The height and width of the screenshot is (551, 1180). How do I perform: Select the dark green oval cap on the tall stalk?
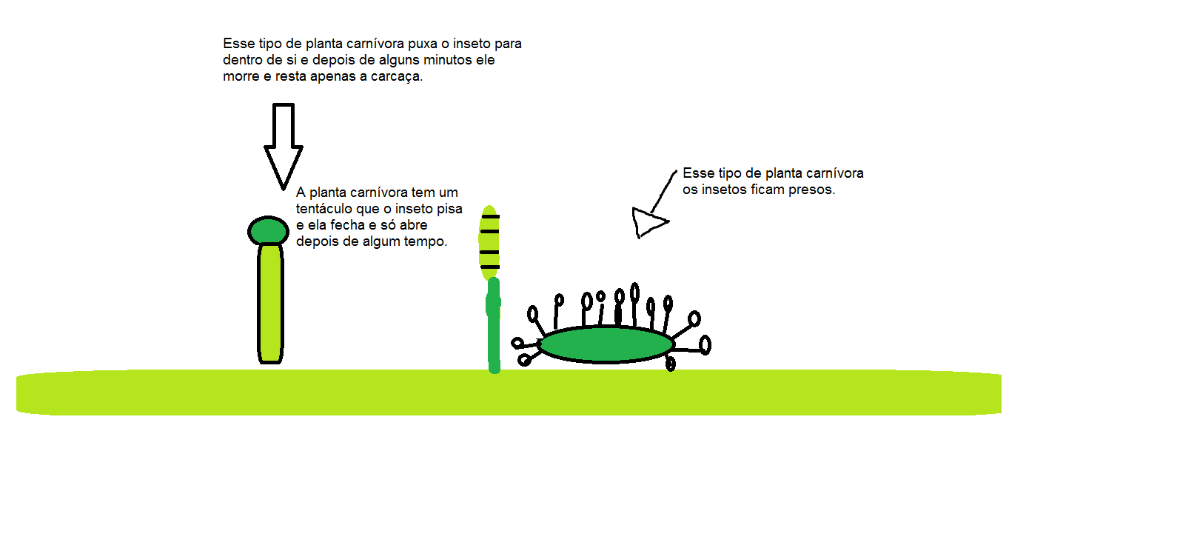(268, 231)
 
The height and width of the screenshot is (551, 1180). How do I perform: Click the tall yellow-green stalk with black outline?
(270, 304)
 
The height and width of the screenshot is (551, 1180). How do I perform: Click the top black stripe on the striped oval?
(489, 216)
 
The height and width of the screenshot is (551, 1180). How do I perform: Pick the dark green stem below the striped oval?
(494, 326)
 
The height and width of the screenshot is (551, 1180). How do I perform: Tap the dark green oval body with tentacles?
(606, 344)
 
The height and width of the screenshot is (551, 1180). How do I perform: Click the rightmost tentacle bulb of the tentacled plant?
(705, 344)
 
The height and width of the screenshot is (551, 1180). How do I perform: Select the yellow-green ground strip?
(509, 393)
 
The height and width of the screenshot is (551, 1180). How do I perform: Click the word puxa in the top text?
(422, 44)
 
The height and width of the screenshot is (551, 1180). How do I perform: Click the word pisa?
(449, 209)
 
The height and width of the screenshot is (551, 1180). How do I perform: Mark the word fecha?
(347, 225)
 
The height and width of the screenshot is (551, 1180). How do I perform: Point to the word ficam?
(767, 190)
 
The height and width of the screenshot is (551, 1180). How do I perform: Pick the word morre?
(241, 76)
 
